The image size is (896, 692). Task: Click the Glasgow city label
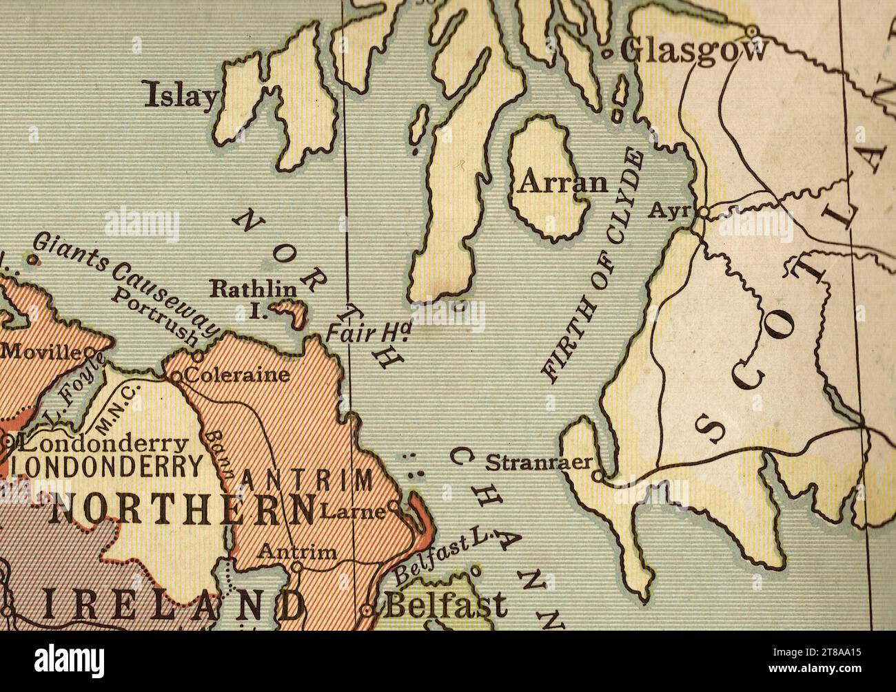click(x=693, y=50)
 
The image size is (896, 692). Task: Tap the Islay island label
click(x=181, y=96)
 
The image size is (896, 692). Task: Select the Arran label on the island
click(x=563, y=183)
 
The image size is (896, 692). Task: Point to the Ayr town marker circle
click(x=702, y=212)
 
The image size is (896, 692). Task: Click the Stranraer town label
click(x=538, y=462)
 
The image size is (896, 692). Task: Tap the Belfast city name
click(x=445, y=606)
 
